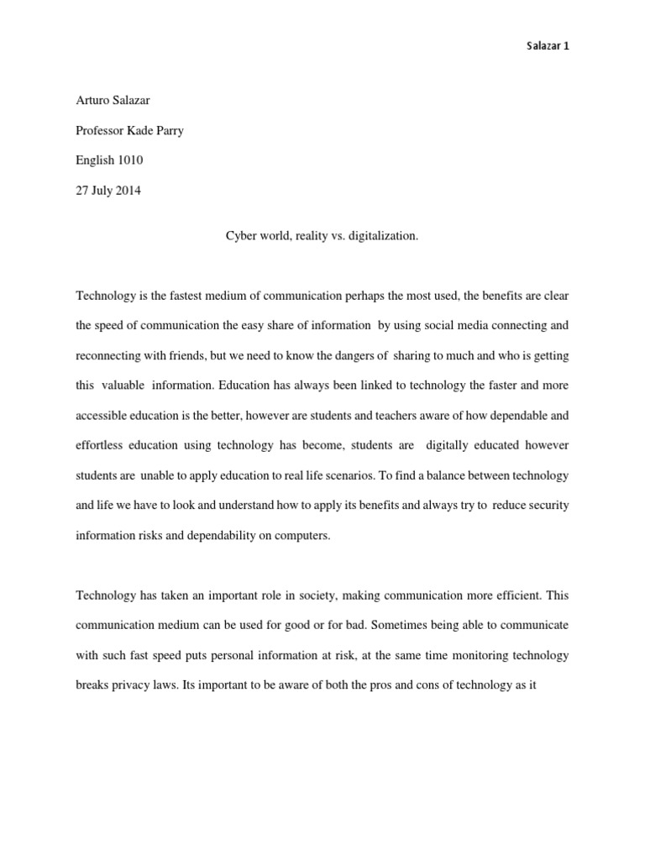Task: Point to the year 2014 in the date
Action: (x=128, y=190)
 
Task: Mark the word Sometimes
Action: (x=380, y=625)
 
